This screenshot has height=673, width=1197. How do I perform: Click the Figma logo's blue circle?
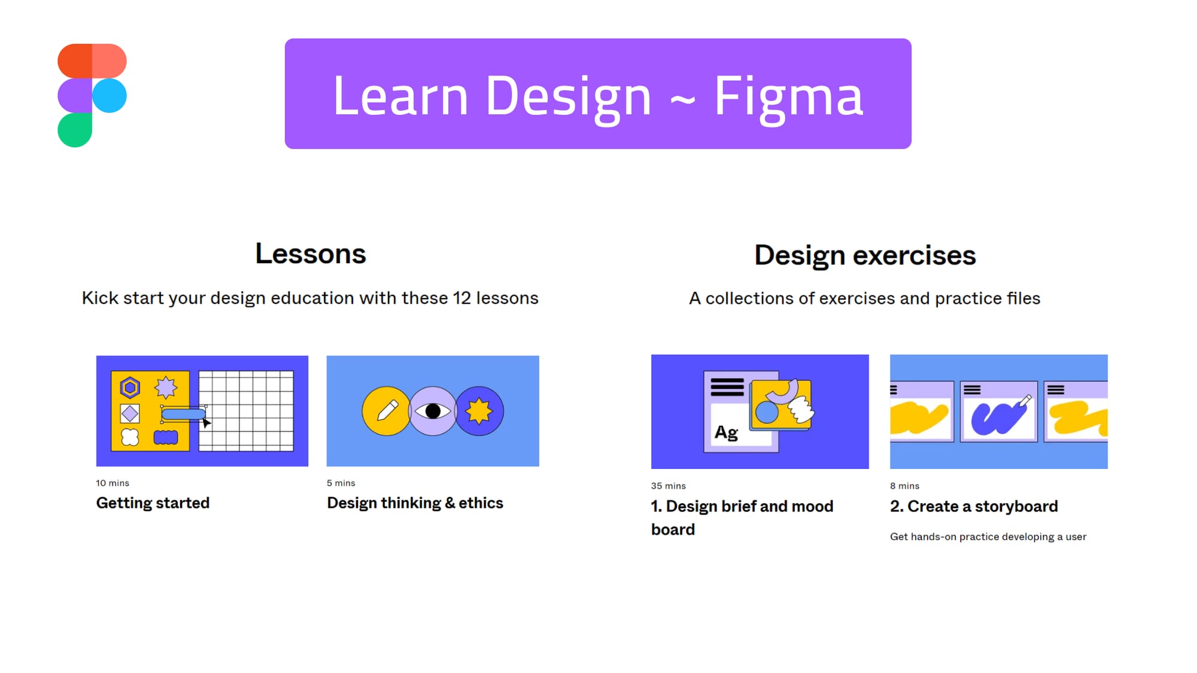tap(110, 96)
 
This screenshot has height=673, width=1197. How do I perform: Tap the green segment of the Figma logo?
tap(75, 130)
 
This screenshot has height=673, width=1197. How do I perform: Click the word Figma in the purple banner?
tap(788, 96)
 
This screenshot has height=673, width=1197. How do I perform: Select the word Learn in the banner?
tap(400, 96)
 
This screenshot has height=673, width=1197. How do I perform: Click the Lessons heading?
tap(310, 254)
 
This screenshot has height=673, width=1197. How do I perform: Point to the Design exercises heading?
tap(864, 255)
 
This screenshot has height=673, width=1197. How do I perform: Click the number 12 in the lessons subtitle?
tap(461, 298)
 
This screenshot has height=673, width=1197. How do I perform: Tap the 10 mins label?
tap(113, 483)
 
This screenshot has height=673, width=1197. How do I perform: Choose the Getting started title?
tap(153, 503)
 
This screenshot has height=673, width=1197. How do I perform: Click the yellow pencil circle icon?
tap(386, 411)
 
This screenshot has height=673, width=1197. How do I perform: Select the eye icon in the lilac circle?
tap(433, 411)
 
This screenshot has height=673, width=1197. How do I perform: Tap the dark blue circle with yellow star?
tap(479, 411)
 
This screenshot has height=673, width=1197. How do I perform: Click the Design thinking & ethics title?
tap(415, 503)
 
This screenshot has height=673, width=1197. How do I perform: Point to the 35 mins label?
tap(668, 486)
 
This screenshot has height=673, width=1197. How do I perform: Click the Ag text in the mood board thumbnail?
tap(726, 432)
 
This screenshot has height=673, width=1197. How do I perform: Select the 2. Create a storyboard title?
tap(974, 506)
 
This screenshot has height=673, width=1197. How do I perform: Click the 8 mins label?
tap(904, 486)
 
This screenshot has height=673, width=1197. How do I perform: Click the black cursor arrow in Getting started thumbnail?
tap(206, 423)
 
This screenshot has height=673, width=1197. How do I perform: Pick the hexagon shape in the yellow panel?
tap(130, 388)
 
